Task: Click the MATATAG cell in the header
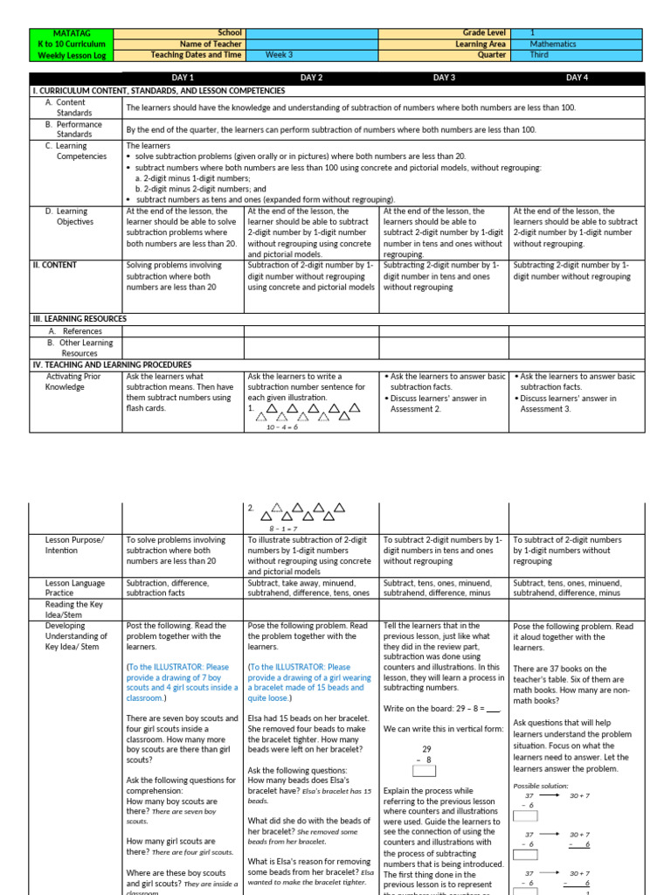tap(71, 32)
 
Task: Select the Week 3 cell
tap(280, 54)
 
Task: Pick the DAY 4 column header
tap(577, 78)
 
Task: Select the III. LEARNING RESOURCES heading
tap(80, 319)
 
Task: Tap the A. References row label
tap(75, 331)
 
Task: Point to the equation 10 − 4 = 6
tap(282, 427)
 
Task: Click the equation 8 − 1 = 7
tap(282, 529)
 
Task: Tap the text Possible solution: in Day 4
tap(540, 786)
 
